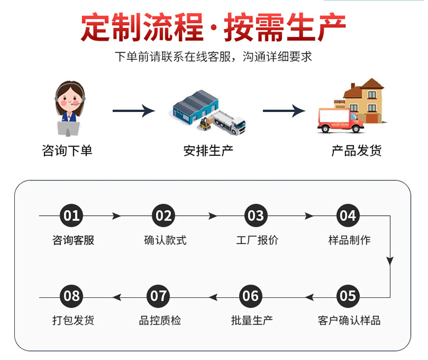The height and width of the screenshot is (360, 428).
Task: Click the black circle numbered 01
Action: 72,216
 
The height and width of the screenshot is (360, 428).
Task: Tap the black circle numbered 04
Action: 348,216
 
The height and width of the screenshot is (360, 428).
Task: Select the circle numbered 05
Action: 348,296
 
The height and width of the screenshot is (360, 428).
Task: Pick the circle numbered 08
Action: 72,296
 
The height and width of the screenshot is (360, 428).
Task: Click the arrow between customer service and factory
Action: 134,110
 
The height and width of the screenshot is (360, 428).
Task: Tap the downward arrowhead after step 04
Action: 390,261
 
